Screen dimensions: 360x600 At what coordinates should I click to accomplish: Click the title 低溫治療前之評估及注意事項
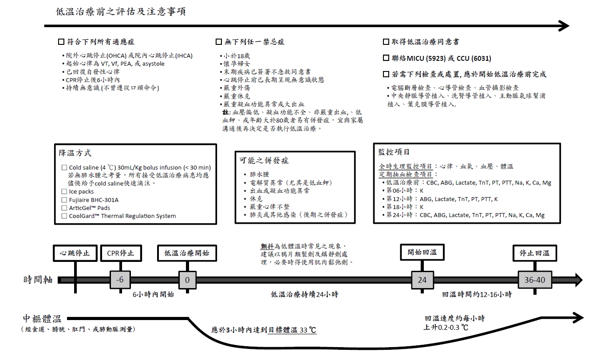click(121, 12)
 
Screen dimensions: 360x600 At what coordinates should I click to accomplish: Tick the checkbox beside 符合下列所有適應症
click(61, 42)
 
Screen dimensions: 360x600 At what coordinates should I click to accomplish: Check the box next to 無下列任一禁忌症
click(218, 42)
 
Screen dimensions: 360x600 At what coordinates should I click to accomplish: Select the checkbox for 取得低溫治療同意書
click(386, 42)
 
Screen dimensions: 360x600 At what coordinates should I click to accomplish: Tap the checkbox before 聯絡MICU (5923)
click(386, 59)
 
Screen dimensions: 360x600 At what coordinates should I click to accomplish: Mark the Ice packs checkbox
click(64, 192)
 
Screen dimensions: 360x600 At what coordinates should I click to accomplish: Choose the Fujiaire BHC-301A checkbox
click(64, 200)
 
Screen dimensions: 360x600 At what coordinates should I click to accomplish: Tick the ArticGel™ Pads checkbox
click(64, 208)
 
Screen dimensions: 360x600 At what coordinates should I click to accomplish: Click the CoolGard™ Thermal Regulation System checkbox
click(64, 216)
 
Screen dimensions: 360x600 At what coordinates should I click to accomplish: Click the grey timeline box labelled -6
click(119, 280)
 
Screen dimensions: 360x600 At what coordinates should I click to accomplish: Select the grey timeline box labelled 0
click(187, 280)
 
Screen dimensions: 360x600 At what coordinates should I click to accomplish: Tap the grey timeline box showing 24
click(422, 280)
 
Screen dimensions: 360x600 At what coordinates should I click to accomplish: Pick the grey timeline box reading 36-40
click(534, 280)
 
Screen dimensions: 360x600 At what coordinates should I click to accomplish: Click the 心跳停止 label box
click(75, 253)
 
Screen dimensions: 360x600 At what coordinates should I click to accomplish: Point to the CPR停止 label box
click(121, 253)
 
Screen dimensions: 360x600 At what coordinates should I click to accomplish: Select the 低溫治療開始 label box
click(187, 253)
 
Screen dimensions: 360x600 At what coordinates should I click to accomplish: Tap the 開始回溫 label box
click(422, 253)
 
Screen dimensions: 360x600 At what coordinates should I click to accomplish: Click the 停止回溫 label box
click(534, 253)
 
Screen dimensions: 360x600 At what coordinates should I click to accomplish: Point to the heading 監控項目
click(394, 152)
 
